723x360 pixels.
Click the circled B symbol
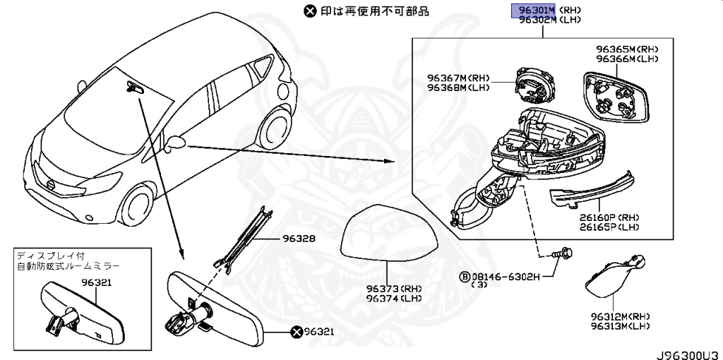466,276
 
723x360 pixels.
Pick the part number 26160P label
596,219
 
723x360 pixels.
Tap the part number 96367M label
447,78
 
